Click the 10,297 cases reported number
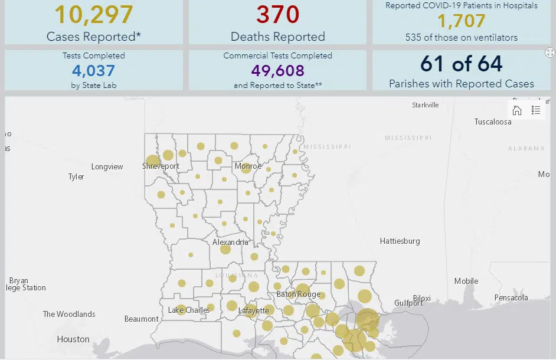tap(94, 15)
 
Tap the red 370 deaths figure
tap(277, 15)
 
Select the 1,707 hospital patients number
tap(461, 22)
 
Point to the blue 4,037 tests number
tap(94, 71)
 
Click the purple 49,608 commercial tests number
tap(277, 71)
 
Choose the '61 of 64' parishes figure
tap(461, 64)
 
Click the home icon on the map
tap(517, 110)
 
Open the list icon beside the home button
tap(536, 110)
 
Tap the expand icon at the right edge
tap(550, 53)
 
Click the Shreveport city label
tap(161, 166)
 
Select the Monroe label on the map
tap(248, 166)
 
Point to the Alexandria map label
tap(230, 242)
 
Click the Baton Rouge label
tap(299, 294)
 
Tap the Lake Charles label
tap(189, 310)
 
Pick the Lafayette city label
tap(254, 310)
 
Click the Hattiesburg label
tap(400, 241)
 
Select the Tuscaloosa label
tap(493, 122)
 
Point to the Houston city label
tap(73, 339)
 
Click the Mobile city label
tap(466, 282)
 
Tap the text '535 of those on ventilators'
tap(461, 38)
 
